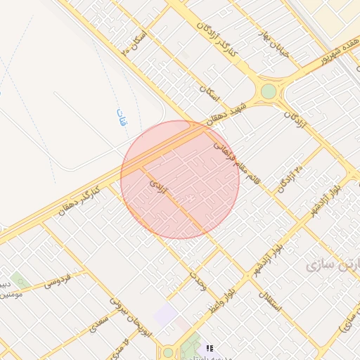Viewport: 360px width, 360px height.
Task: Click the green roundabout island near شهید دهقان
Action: (269, 91)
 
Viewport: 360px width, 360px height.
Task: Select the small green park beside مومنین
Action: (19, 281)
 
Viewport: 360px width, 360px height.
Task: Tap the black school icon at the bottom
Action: (209, 348)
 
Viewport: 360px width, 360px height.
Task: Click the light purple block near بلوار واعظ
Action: (166, 314)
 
